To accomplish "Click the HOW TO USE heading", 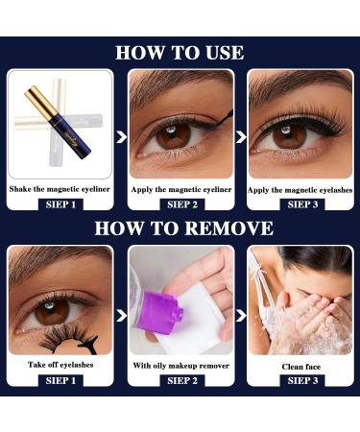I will [180, 52].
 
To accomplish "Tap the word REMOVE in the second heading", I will [228, 228].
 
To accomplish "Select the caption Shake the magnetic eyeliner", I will [60, 190].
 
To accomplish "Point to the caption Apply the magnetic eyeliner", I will [180, 190].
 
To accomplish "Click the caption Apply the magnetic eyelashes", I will [299, 190].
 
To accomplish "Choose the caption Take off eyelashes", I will [60, 366].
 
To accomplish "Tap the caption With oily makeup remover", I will [180, 366].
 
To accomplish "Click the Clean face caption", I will [299, 366].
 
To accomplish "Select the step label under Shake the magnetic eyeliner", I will [60, 204].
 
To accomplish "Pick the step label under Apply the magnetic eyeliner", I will [180, 204].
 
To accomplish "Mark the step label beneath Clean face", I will [299, 380].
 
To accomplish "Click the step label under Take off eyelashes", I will [60, 380].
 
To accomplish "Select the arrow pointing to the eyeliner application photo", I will [121, 136].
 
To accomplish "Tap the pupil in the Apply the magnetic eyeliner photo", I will [174, 135].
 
